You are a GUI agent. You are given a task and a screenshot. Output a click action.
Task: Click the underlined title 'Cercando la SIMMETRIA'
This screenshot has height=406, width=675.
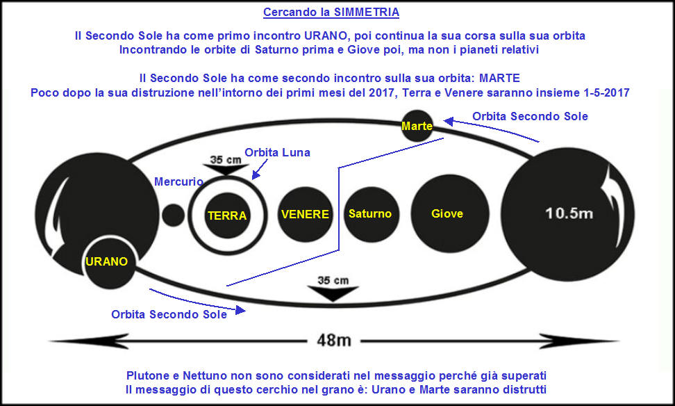point(331,12)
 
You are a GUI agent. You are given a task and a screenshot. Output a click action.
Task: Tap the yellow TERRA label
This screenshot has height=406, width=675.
point(227,216)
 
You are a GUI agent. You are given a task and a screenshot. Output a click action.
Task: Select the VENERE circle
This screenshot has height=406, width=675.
point(306,214)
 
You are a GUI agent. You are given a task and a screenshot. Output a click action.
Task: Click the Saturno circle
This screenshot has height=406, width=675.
point(372,214)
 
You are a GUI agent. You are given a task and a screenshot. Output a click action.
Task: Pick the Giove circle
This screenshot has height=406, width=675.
point(450,213)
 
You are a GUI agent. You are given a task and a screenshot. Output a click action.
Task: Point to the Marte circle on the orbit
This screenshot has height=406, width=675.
point(417,126)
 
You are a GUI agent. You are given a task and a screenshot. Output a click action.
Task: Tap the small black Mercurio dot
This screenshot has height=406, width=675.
point(174,215)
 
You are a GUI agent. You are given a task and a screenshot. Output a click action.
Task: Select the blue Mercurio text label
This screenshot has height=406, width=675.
point(178,182)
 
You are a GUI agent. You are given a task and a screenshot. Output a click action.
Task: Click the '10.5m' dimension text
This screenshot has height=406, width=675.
point(569,213)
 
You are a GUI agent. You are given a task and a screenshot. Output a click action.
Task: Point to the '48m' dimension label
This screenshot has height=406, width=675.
point(333,341)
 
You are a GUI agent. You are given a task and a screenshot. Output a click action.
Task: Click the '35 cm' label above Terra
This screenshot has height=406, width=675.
point(226,160)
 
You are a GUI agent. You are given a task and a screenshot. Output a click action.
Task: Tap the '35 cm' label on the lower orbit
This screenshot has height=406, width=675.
point(333,281)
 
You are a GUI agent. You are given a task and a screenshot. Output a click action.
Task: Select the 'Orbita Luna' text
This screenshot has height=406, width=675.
point(277,152)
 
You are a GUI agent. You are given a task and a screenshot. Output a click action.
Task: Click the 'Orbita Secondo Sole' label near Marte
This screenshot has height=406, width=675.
point(530,116)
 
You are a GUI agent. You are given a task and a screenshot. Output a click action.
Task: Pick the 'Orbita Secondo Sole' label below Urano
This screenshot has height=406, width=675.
point(169,315)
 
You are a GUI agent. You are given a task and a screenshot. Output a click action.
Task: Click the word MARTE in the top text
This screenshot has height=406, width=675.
point(499,78)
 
